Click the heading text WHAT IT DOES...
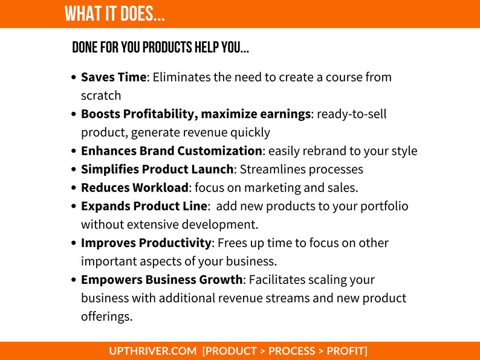point(114,14)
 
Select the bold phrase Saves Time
point(114,77)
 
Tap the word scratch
point(101,95)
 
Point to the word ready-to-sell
point(352,114)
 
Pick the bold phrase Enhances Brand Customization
point(172,151)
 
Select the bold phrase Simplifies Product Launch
point(157,170)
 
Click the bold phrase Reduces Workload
point(135,188)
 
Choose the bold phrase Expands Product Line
point(144,207)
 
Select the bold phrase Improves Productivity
point(146,243)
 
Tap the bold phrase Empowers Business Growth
point(161,280)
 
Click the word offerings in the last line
point(106,317)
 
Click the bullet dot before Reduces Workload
point(74,187)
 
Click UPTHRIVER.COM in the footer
point(153,351)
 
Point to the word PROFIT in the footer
point(345,351)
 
